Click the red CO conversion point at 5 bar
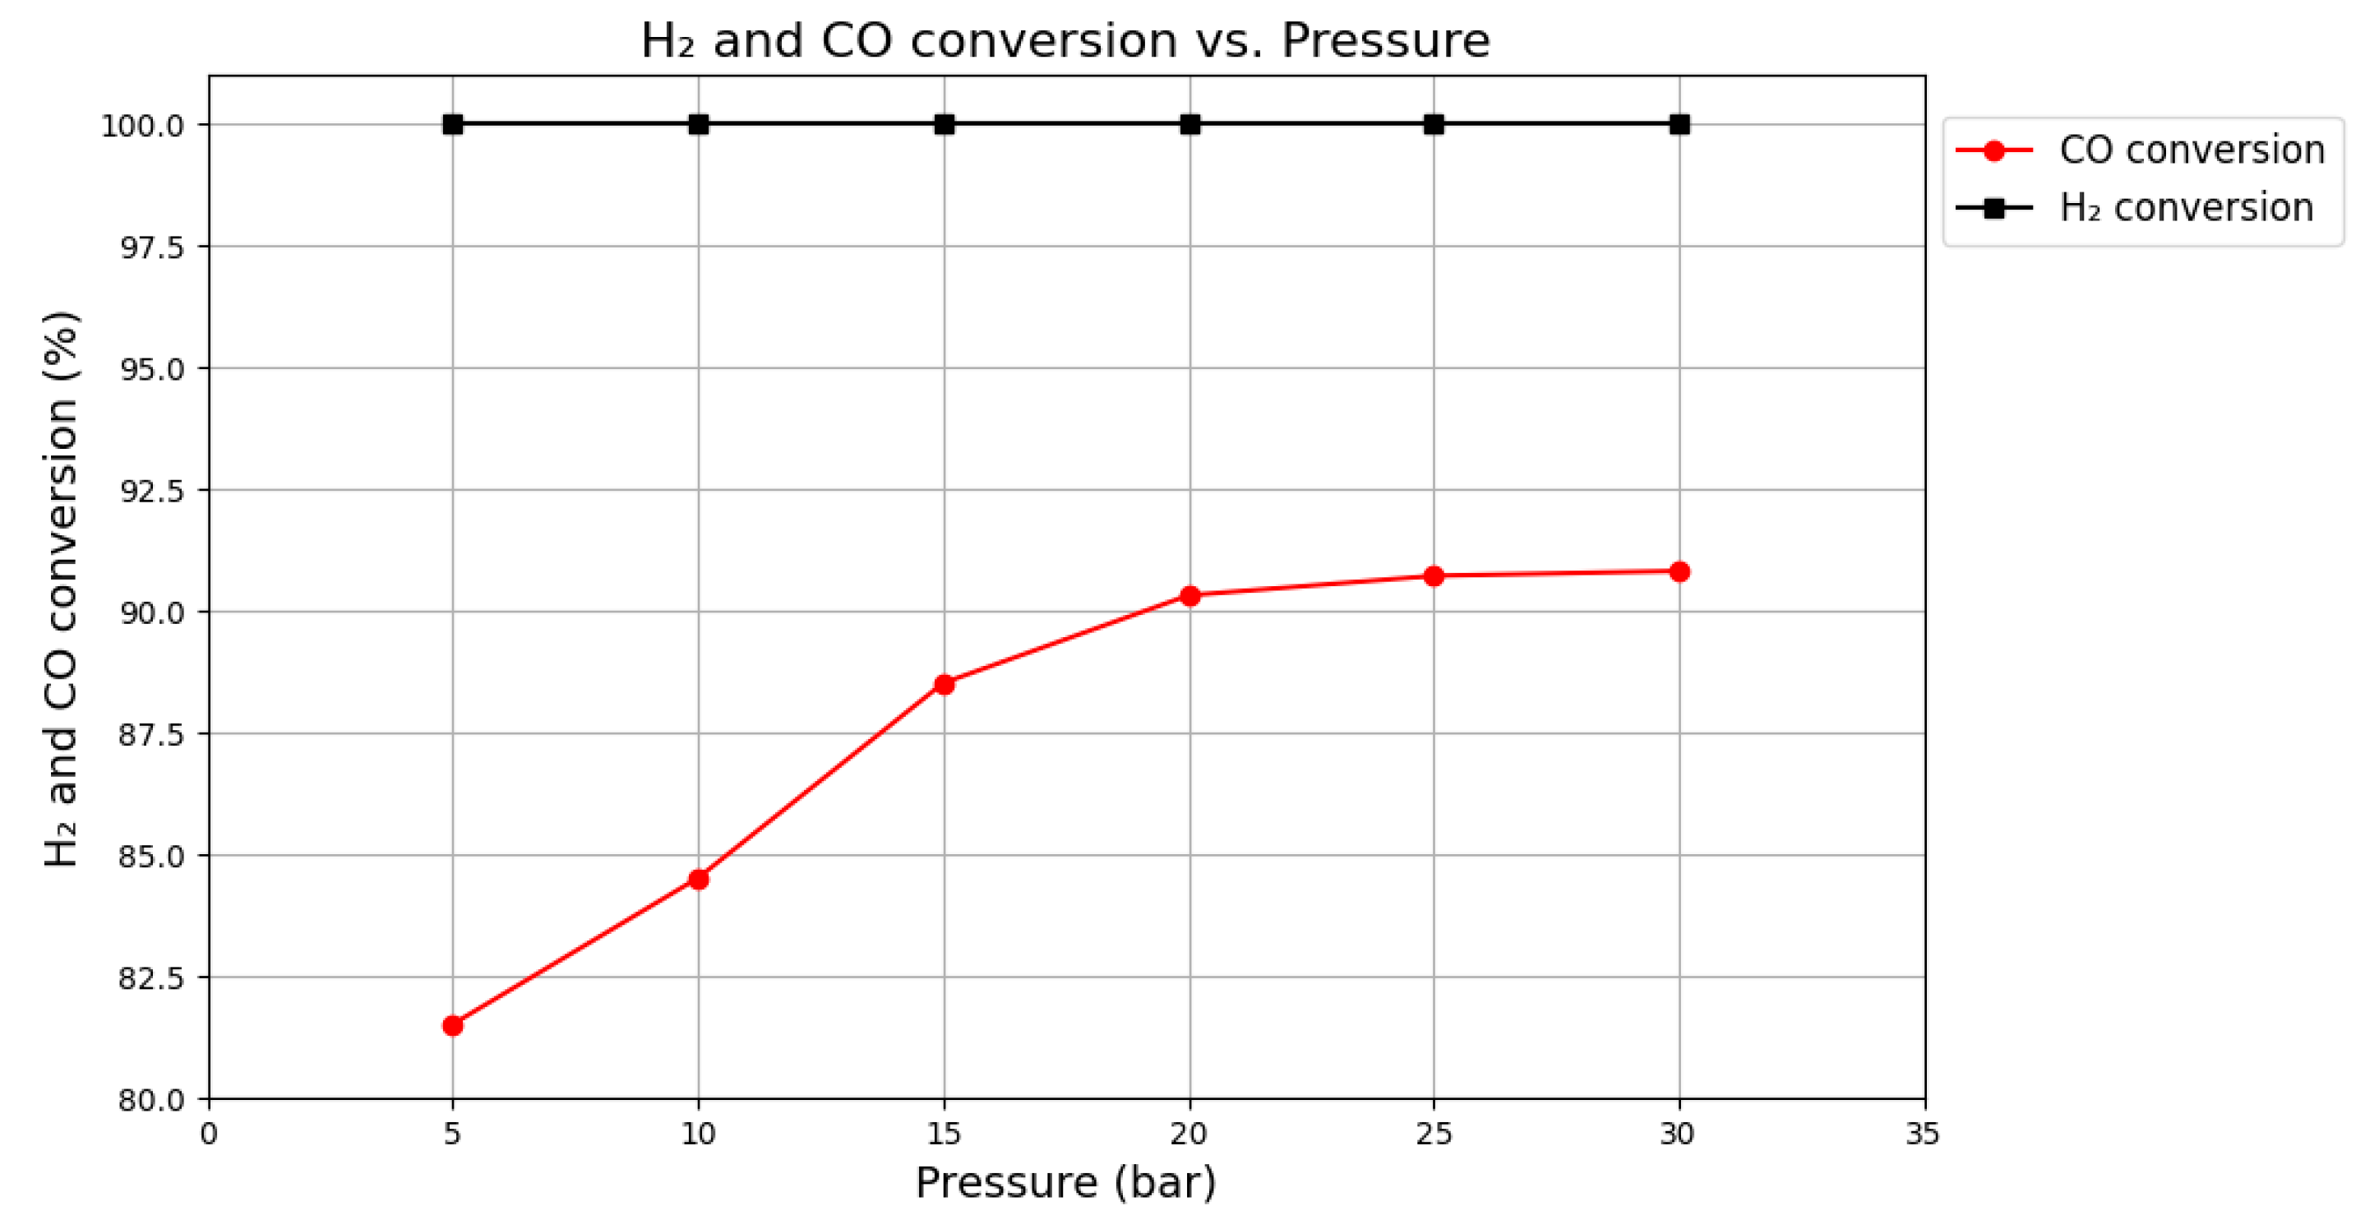pos(453,1025)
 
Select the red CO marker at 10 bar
pos(699,880)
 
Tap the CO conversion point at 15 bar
pos(945,684)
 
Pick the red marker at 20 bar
pos(1189,596)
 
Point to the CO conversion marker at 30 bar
pos(1679,572)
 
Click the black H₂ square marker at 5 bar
pos(453,124)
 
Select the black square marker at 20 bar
pos(1189,124)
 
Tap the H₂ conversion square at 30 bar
pos(1679,124)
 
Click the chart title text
pos(1065,40)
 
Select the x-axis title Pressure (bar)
pos(1065,1182)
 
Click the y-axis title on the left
pos(62,588)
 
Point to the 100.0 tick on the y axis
pos(142,126)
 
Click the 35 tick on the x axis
pos(1922,1135)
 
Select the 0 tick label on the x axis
pos(210,1135)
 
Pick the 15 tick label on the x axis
pos(944,1135)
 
